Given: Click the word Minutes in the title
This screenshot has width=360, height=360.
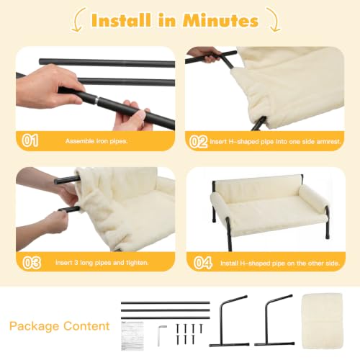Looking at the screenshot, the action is (220, 20).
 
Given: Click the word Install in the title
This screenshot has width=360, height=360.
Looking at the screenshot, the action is (121, 20).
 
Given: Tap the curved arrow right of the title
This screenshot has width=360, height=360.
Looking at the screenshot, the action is (274, 20).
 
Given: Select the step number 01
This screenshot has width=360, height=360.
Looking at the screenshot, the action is (30, 140).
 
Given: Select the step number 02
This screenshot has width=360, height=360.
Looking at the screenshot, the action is (198, 141).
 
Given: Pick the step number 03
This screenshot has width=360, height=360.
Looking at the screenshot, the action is (32, 263).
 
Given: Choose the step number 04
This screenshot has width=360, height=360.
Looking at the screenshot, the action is (203, 263).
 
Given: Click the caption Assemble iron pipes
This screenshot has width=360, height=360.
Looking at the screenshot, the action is (96, 141).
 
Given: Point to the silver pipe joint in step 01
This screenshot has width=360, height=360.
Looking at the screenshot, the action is (96, 100).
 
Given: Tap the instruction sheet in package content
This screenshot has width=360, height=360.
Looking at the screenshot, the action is (132, 336).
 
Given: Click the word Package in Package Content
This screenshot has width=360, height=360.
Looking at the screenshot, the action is (34, 327).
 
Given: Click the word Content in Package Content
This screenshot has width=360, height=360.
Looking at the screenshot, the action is (86, 326).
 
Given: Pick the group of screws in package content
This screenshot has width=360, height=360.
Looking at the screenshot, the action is (189, 334).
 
